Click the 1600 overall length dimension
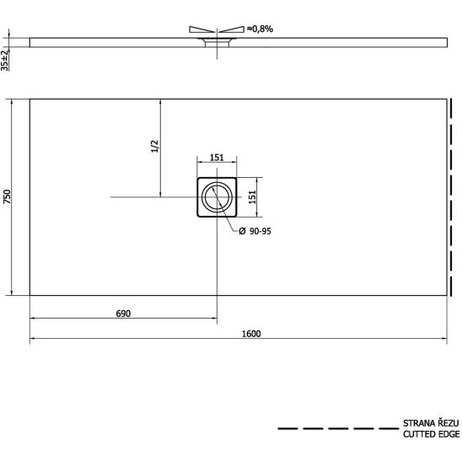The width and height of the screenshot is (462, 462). (251, 334)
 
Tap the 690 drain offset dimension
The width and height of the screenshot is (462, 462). (123, 314)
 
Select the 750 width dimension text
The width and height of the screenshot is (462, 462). (7, 196)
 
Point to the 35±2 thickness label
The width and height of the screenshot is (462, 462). (5, 60)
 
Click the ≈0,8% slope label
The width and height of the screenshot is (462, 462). (261, 29)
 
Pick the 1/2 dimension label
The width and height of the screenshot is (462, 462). (154, 147)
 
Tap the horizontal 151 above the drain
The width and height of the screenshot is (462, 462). (217, 158)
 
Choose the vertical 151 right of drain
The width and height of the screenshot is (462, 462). (253, 197)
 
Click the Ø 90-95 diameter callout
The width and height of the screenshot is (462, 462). (255, 231)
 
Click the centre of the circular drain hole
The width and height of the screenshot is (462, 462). (218, 197)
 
